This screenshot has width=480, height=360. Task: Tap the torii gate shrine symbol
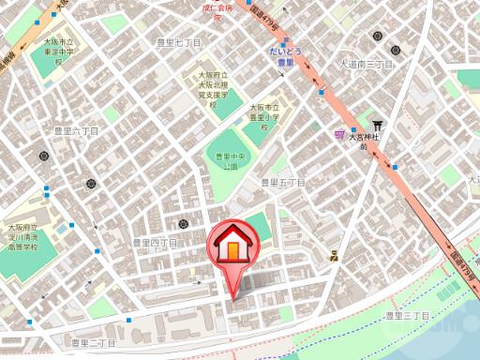click(377, 125)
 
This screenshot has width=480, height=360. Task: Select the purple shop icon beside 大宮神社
click(339, 135)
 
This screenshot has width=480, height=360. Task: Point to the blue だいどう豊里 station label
click(285, 55)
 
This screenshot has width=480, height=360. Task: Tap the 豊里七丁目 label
click(179, 43)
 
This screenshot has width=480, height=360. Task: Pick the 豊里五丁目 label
click(283, 182)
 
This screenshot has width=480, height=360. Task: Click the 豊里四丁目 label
click(155, 242)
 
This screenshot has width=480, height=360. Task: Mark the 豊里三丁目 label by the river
click(408, 317)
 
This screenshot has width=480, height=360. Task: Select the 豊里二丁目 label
click(94, 343)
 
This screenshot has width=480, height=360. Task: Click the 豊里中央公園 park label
click(226, 160)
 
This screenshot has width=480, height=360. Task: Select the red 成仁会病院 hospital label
click(217, 10)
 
